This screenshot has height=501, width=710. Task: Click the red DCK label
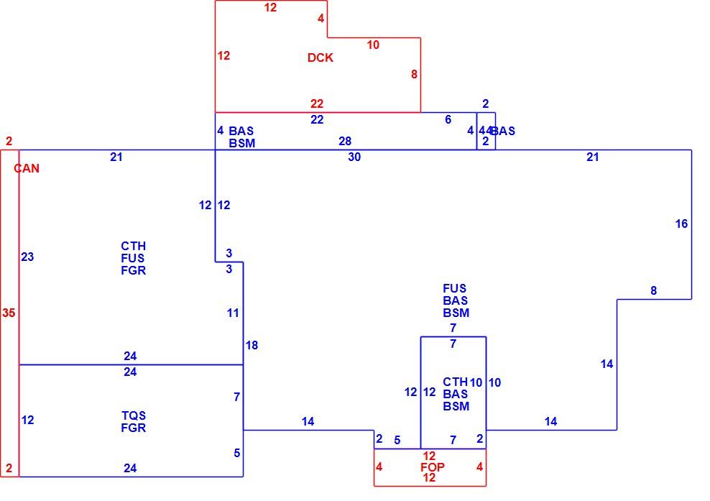click(x=320, y=58)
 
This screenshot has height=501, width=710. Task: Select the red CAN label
click(x=27, y=168)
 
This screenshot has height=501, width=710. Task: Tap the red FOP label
click(x=433, y=467)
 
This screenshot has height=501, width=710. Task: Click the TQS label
click(x=134, y=415)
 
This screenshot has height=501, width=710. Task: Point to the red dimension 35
click(x=9, y=313)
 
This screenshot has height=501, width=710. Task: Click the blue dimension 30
click(x=354, y=157)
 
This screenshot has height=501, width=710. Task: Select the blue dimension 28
click(x=345, y=142)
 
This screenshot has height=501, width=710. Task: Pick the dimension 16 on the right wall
click(x=681, y=224)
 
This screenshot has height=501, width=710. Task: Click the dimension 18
click(x=252, y=346)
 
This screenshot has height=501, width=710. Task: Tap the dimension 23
click(x=27, y=257)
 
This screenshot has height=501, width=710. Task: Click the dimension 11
click(x=233, y=313)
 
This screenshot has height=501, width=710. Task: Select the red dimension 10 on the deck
click(x=373, y=45)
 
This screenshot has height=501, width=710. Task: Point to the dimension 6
click(x=448, y=119)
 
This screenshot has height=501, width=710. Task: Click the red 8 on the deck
click(x=414, y=74)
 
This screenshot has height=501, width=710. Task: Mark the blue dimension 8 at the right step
click(x=653, y=291)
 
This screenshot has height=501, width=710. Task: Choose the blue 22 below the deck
click(x=317, y=119)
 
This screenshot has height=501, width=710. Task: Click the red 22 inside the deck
click(x=317, y=104)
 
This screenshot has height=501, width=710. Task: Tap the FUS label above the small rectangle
click(x=455, y=288)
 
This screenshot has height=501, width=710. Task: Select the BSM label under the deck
click(x=242, y=143)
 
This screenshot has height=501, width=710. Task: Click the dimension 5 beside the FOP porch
click(x=397, y=441)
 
